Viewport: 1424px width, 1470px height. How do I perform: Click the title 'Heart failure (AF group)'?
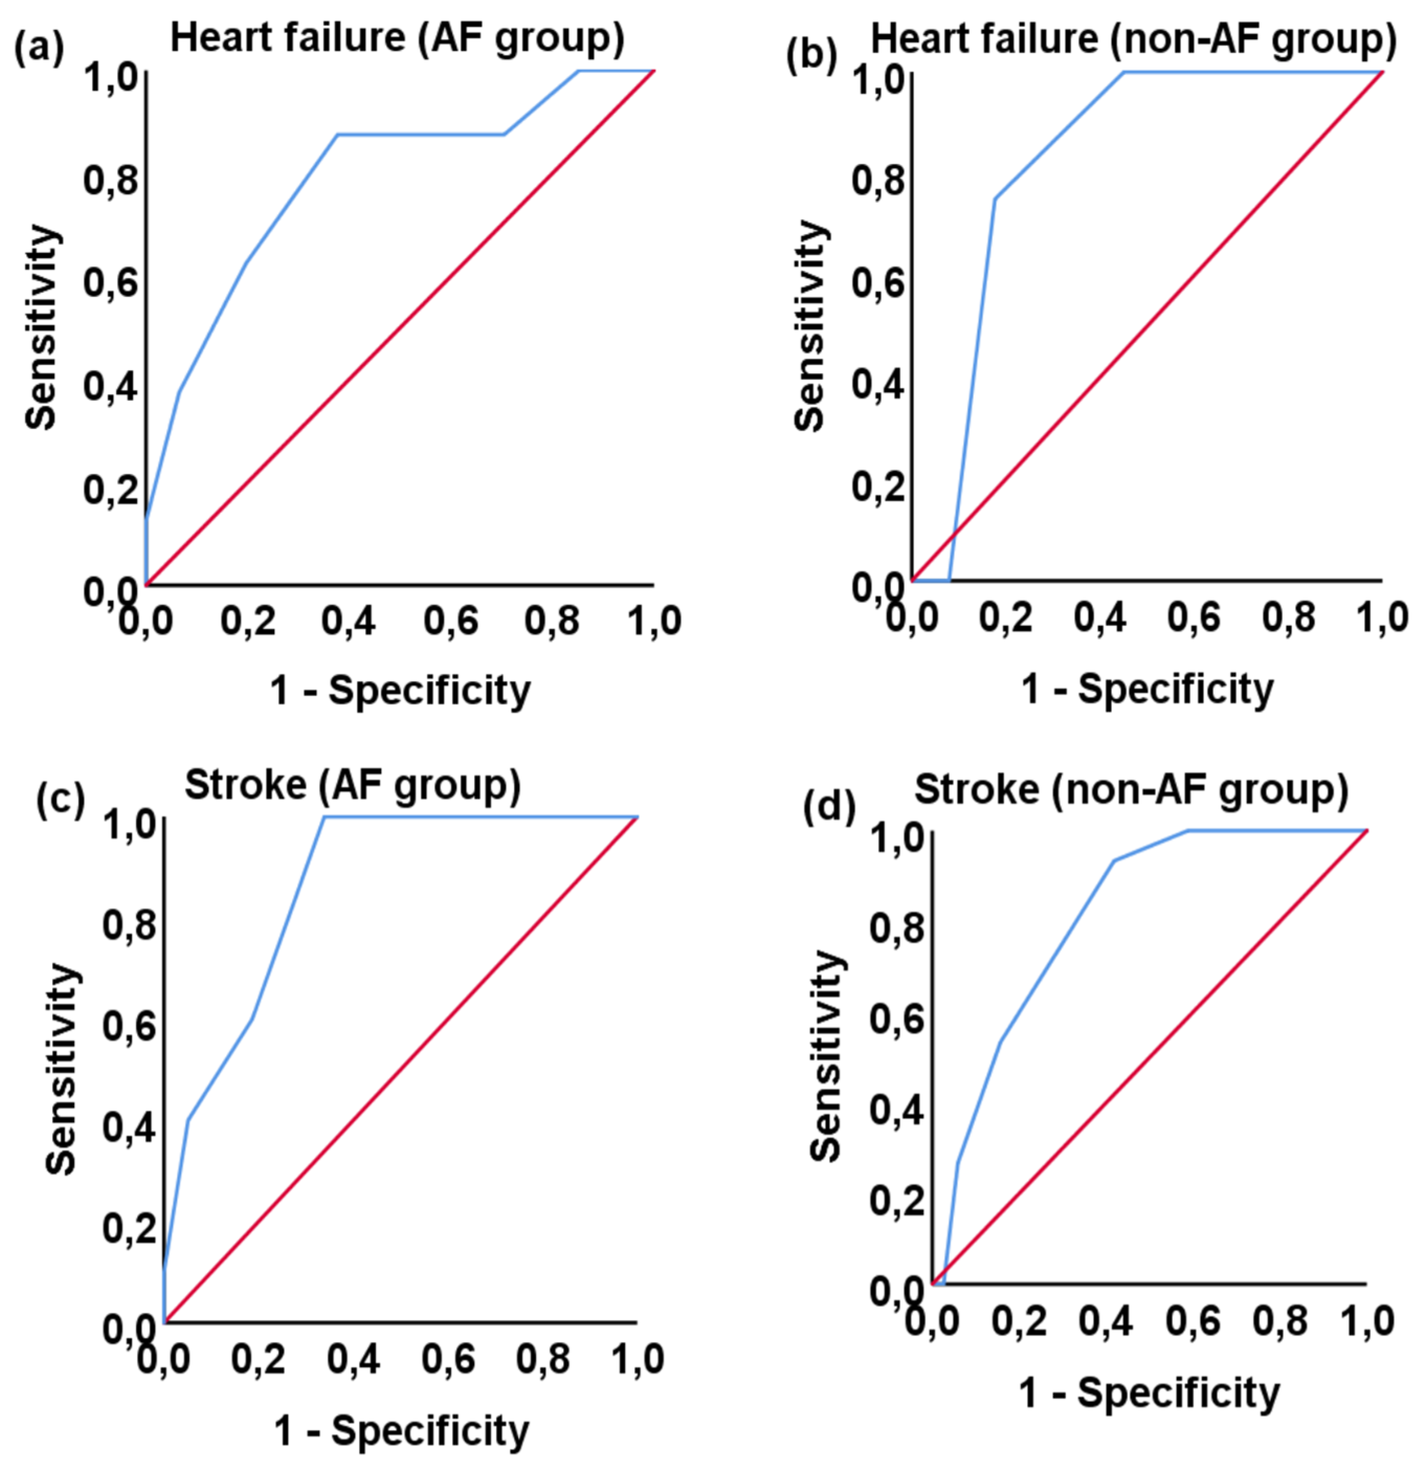pos(397,38)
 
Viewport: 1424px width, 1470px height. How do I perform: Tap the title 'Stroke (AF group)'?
pos(352,786)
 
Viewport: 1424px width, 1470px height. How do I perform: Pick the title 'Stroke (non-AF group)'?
pos(1131,790)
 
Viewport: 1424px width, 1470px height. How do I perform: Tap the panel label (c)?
pos(60,799)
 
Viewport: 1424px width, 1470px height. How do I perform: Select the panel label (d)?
pos(829,807)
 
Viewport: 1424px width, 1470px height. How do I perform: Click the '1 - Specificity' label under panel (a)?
pos(399,690)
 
